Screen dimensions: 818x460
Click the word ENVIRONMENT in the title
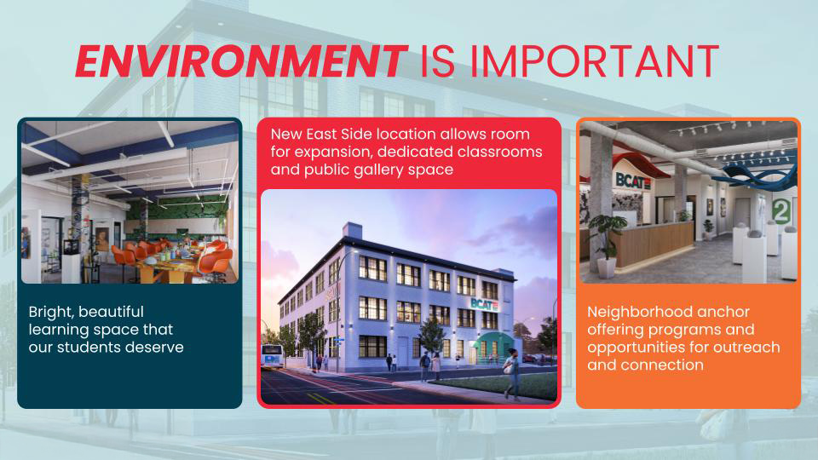pyautogui.click(x=241, y=61)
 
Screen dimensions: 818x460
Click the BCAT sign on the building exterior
pyautogui.click(x=485, y=303)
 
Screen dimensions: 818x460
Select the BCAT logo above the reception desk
pyautogui.click(x=633, y=180)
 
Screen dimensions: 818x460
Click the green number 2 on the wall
pyautogui.click(x=781, y=210)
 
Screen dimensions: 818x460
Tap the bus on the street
pyautogui.click(x=272, y=356)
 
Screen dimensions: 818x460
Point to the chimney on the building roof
pyautogui.click(x=352, y=230)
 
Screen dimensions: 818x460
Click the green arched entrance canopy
pyautogui.click(x=493, y=344)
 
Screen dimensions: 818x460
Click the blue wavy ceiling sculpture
pyautogui.click(x=757, y=167)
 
